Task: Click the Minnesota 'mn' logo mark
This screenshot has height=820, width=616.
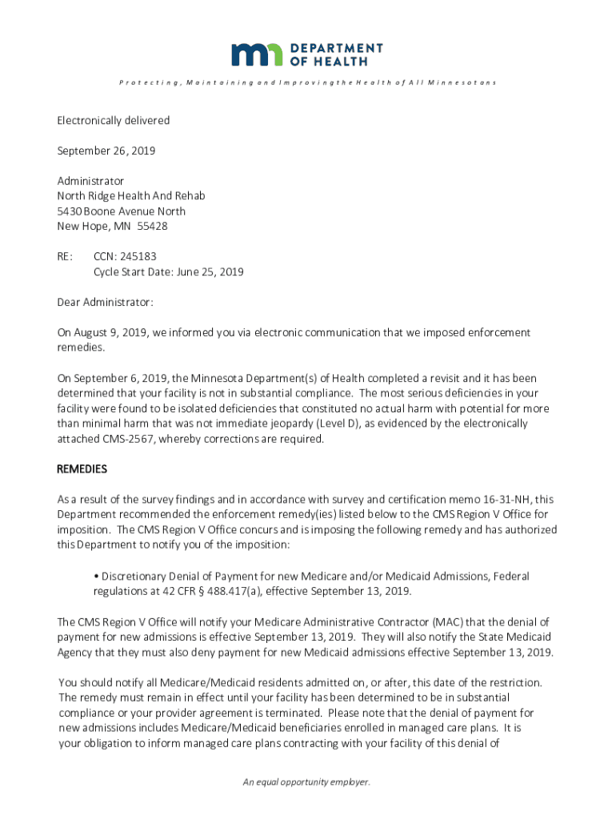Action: tap(257, 54)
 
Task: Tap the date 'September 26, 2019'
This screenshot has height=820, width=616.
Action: tap(106, 151)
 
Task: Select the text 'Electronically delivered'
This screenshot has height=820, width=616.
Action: tap(113, 120)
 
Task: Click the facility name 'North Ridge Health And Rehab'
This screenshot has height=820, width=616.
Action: tap(130, 196)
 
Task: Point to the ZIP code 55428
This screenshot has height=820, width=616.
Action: tap(152, 226)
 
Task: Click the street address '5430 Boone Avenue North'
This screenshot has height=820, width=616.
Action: tap(121, 211)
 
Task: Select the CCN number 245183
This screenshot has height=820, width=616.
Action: tap(138, 256)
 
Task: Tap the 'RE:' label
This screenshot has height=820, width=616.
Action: tap(65, 256)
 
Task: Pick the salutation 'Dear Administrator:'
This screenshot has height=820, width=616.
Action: tap(104, 302)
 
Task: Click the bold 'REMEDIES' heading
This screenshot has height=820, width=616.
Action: tap(82, 469)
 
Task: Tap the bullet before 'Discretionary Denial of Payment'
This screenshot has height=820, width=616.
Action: tap(96, 577)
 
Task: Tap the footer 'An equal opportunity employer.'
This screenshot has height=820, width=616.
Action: tap(307, 782)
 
